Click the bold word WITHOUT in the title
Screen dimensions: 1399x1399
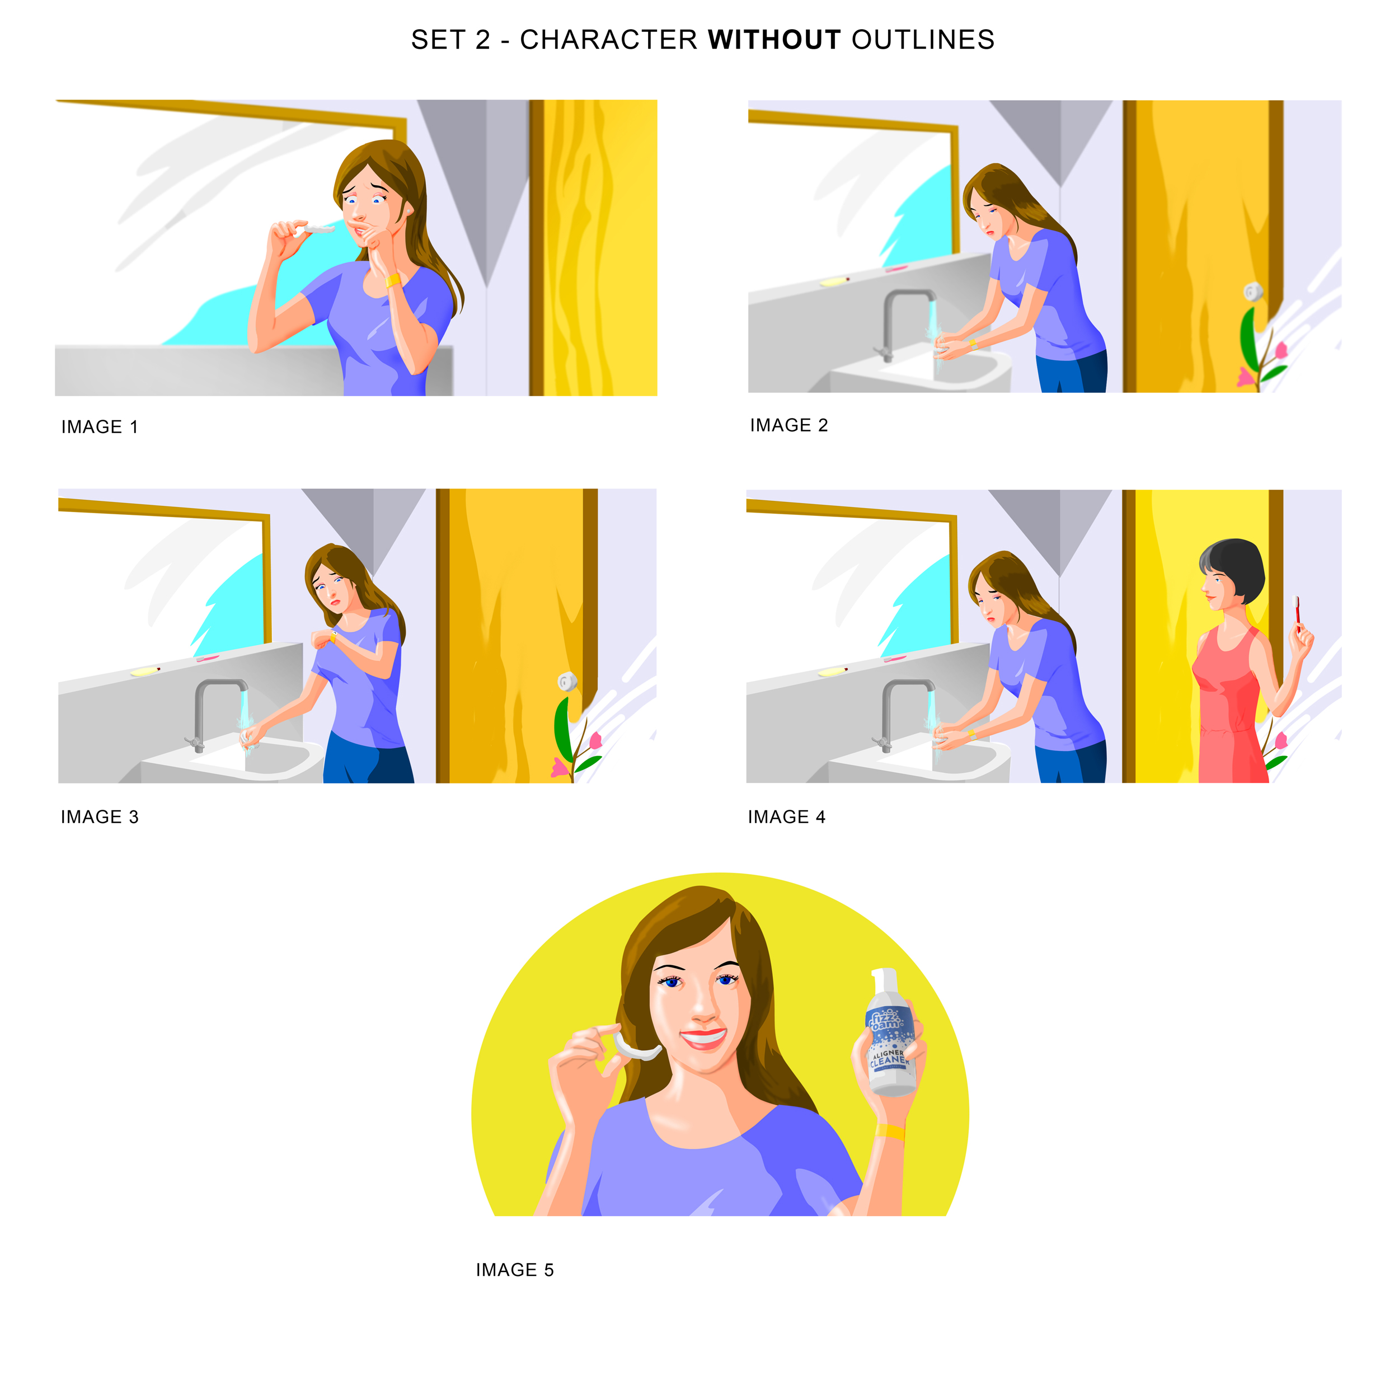(x=774, y=40)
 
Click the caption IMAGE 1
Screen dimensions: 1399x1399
(x=99, y=427)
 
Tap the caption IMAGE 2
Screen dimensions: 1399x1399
(x=788, y=425)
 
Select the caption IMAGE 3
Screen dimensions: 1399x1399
(x=99, y=817)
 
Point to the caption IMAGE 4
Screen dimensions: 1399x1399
(x=786, y=817)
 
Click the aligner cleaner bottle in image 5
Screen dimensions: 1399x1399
(x=891, y=1043)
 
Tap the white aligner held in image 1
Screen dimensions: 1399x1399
(x=318, y=229)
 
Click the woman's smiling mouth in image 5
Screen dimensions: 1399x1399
(x=703, y=1037)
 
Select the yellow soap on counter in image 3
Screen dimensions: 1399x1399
(x=145, y=672)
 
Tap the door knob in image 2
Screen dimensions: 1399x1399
(x=1253, y=292)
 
